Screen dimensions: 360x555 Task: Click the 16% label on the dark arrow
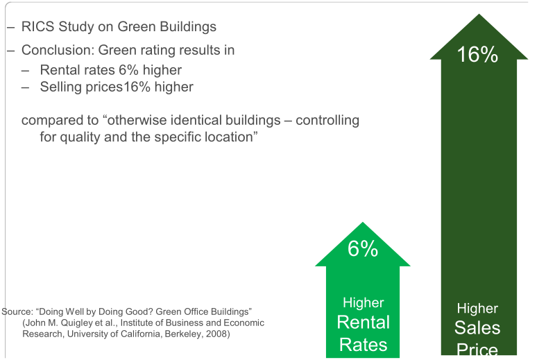point(477,55)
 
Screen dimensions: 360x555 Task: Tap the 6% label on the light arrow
point(363,248)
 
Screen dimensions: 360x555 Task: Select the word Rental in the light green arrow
point(363,322)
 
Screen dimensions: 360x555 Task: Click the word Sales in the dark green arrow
point(477,327)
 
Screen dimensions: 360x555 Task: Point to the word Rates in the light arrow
point(363,344)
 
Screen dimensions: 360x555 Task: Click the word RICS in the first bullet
point(37,27)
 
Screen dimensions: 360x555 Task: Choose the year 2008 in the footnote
point(217,334)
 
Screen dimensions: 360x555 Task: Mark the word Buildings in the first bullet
point(188,27)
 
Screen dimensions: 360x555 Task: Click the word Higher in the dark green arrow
point(477,309)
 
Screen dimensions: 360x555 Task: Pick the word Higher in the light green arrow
point(363,303)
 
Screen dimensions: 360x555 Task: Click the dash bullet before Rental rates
point(25,69)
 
